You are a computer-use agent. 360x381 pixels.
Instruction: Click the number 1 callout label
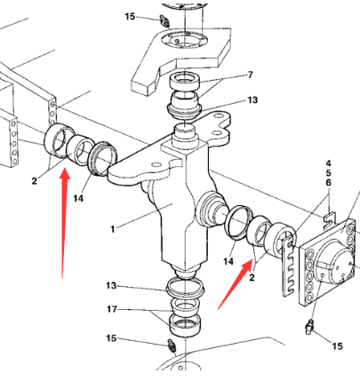pos(112,229)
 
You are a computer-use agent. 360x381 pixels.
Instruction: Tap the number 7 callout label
pos(251,75)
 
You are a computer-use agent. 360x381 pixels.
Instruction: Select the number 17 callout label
pos(112,309)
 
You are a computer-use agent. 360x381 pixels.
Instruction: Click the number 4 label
pos(328,163)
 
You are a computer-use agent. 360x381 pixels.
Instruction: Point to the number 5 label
pos(328,173)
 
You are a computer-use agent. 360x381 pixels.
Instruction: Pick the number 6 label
pos(328,183)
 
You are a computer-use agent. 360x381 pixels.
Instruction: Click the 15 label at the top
pos(130,17)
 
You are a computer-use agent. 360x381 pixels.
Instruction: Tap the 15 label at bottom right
pos(337,346)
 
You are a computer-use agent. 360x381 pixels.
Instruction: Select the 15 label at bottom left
pos(111,338)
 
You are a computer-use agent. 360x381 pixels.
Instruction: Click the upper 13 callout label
pos(252,100)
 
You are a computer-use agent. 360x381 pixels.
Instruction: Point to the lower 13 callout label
pos(111,286)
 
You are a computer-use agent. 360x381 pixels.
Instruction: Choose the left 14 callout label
pos(78,198)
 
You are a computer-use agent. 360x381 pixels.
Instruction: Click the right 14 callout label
pos(228,261)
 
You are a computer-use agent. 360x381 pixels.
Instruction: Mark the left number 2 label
pos(35,180)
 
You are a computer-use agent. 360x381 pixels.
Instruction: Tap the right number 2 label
pos(252,278)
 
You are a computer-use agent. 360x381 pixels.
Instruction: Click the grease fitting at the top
pos(164,21)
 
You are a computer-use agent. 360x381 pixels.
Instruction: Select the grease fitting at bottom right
pos(309,327)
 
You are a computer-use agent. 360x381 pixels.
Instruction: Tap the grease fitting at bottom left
pos(172,345)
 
